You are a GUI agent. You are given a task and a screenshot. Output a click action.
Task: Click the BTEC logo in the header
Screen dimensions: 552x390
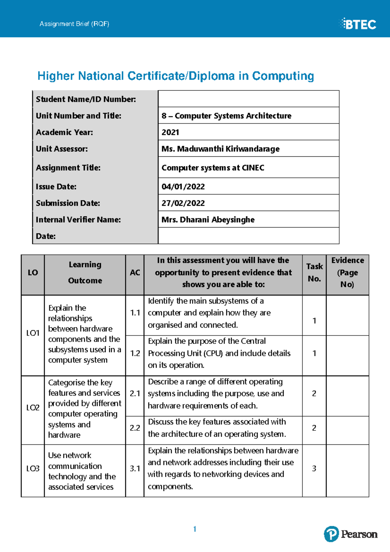coord(358,24)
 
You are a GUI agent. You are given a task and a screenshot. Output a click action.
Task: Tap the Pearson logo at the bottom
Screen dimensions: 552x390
coord(351,534)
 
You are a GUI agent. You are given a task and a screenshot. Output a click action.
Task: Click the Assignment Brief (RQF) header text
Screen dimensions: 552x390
coord(74,24)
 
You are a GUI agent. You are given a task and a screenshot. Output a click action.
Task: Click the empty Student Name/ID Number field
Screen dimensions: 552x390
coord(248,99)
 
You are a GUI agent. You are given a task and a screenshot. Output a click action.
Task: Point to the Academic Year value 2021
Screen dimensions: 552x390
coord(170,132)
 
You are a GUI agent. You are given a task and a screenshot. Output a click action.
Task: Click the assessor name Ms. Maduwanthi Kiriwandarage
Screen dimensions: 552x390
coord(220,149)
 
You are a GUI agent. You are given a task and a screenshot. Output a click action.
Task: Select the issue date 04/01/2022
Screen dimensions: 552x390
coord(183,187)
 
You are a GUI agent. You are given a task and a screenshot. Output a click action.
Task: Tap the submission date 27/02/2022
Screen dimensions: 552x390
coord(183,203)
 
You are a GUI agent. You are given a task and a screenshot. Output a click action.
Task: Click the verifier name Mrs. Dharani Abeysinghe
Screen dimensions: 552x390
coord(208,220)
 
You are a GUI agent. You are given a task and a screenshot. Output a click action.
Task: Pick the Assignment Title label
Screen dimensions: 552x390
coord(68,168)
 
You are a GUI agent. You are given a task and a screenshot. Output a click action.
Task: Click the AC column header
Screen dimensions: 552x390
coord(135,273)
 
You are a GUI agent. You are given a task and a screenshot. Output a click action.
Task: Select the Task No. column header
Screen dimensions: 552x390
coord(314,272)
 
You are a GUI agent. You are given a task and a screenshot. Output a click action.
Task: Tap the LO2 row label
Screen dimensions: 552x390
coord(33,408)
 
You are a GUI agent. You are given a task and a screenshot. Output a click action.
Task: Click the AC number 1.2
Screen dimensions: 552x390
coord(135,353)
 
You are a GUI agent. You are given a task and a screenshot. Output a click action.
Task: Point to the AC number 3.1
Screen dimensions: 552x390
coord(135,468)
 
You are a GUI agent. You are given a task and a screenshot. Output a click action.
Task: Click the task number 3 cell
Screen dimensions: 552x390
coord(314,468)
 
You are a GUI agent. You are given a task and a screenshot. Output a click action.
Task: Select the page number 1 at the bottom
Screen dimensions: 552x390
coord(194,529)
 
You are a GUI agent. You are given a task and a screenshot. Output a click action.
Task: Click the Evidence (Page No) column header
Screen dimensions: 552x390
coord(347,272)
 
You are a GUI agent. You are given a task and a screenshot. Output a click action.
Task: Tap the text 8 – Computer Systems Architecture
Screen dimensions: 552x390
coord(226,116)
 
